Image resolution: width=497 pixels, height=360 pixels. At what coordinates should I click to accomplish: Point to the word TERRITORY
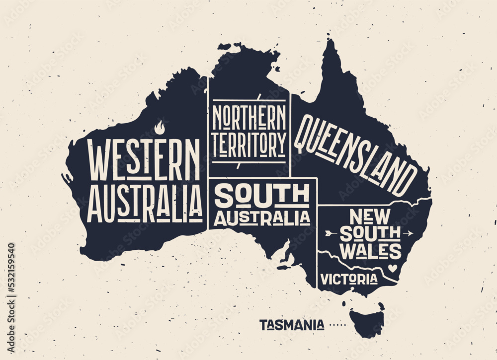[x=249, y=144]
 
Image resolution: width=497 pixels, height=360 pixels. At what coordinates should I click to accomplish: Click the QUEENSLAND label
[x=356, y=154]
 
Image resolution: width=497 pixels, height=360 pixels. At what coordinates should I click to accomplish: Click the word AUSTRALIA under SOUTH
[x=261, y=217]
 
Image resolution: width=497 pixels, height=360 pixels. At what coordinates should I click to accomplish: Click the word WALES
[x=370, y=251]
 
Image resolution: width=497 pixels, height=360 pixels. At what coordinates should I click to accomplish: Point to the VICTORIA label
[x=348, y=279]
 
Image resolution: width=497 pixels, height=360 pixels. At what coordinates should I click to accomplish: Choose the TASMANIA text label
[x=292, y=325]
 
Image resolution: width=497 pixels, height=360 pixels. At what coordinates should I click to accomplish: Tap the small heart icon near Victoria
[x=394, y=268]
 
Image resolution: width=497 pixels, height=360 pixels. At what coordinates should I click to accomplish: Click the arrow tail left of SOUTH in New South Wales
[x=329, y=232]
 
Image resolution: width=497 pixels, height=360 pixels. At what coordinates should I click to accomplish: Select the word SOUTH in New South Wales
[x=369, y=234]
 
